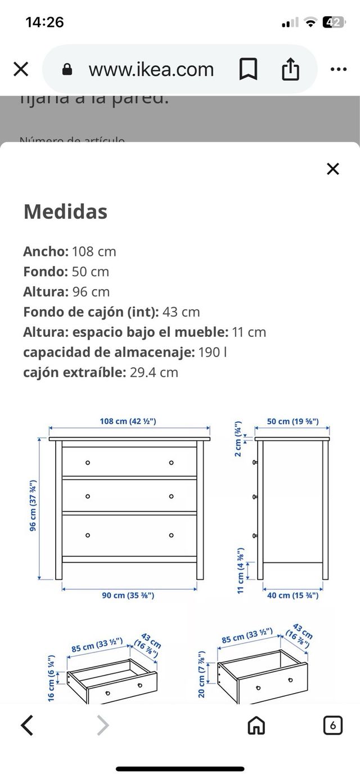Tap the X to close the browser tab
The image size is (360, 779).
[x=21, y=69]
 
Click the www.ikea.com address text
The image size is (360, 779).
[x=151, y=69]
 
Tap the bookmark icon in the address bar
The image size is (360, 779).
[x=248, y=69]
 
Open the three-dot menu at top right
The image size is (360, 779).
[x=338, y=69]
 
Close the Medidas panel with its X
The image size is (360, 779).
[x=333, y=169]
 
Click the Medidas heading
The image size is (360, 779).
[x=65, y=212]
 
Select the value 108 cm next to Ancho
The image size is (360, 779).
[x=94, y=251]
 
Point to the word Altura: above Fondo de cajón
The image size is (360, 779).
[x=46, y=292]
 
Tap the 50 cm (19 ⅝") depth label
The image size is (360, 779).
[x=292, y=421]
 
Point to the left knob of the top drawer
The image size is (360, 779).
[x=88, y=462]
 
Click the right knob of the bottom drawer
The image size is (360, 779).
[x=171, y=535]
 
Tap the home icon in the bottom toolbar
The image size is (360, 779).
[x=257, y=726]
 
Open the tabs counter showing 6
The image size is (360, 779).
[x=333, y=726]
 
